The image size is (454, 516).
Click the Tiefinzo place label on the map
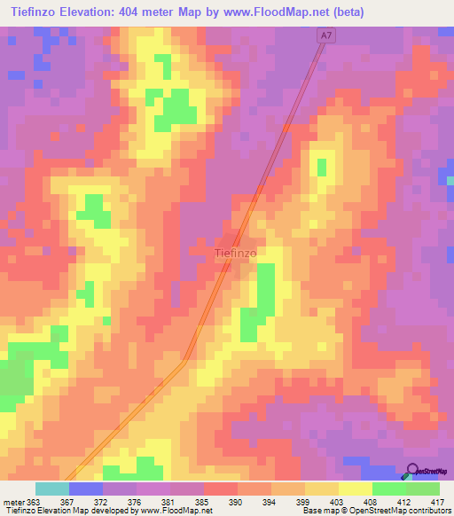click(236, 253)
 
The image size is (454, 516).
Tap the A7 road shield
click(327, 36)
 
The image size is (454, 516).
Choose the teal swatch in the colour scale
click(51, 489)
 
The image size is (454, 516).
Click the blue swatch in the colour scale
click(85, 489)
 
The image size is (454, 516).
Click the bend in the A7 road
click(184, 359)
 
